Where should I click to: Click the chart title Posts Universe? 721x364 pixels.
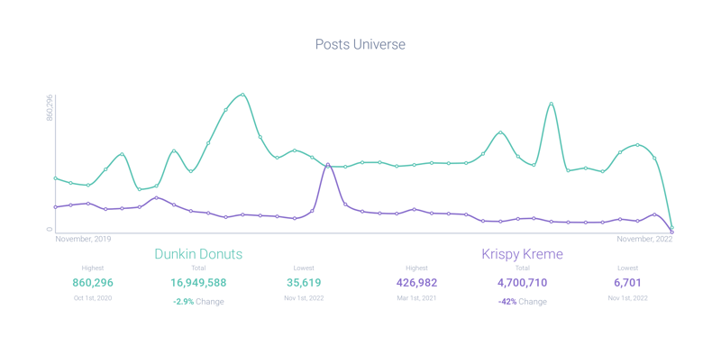coord(360,44)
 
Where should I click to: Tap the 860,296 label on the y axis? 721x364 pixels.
coord(50,108)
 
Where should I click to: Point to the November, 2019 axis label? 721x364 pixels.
coord(83,240)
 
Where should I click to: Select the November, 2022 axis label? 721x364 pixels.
coord(644,240)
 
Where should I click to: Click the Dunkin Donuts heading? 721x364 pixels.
coord(198,255)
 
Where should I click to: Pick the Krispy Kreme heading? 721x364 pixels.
coord(523,255)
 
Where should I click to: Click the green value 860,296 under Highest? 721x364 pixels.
coord(93,283)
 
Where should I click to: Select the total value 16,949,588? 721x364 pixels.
coord(198,283)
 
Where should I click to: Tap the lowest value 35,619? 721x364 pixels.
coord(303,283)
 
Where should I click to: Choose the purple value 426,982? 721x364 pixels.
coord(416,283)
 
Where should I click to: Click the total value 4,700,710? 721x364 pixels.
coord(522,283)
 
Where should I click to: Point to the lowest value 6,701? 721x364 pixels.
coord(627,283)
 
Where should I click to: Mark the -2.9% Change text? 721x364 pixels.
coord(198,302)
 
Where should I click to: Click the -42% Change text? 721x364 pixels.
coord(522,302)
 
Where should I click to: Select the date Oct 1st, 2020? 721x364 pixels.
coord(93,298)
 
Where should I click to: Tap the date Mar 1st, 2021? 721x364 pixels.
coord(416,298)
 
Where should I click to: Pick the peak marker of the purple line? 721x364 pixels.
coord(328,165)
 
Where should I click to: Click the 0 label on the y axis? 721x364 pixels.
coord(50,229)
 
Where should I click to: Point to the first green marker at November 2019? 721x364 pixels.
coord(56,178)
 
